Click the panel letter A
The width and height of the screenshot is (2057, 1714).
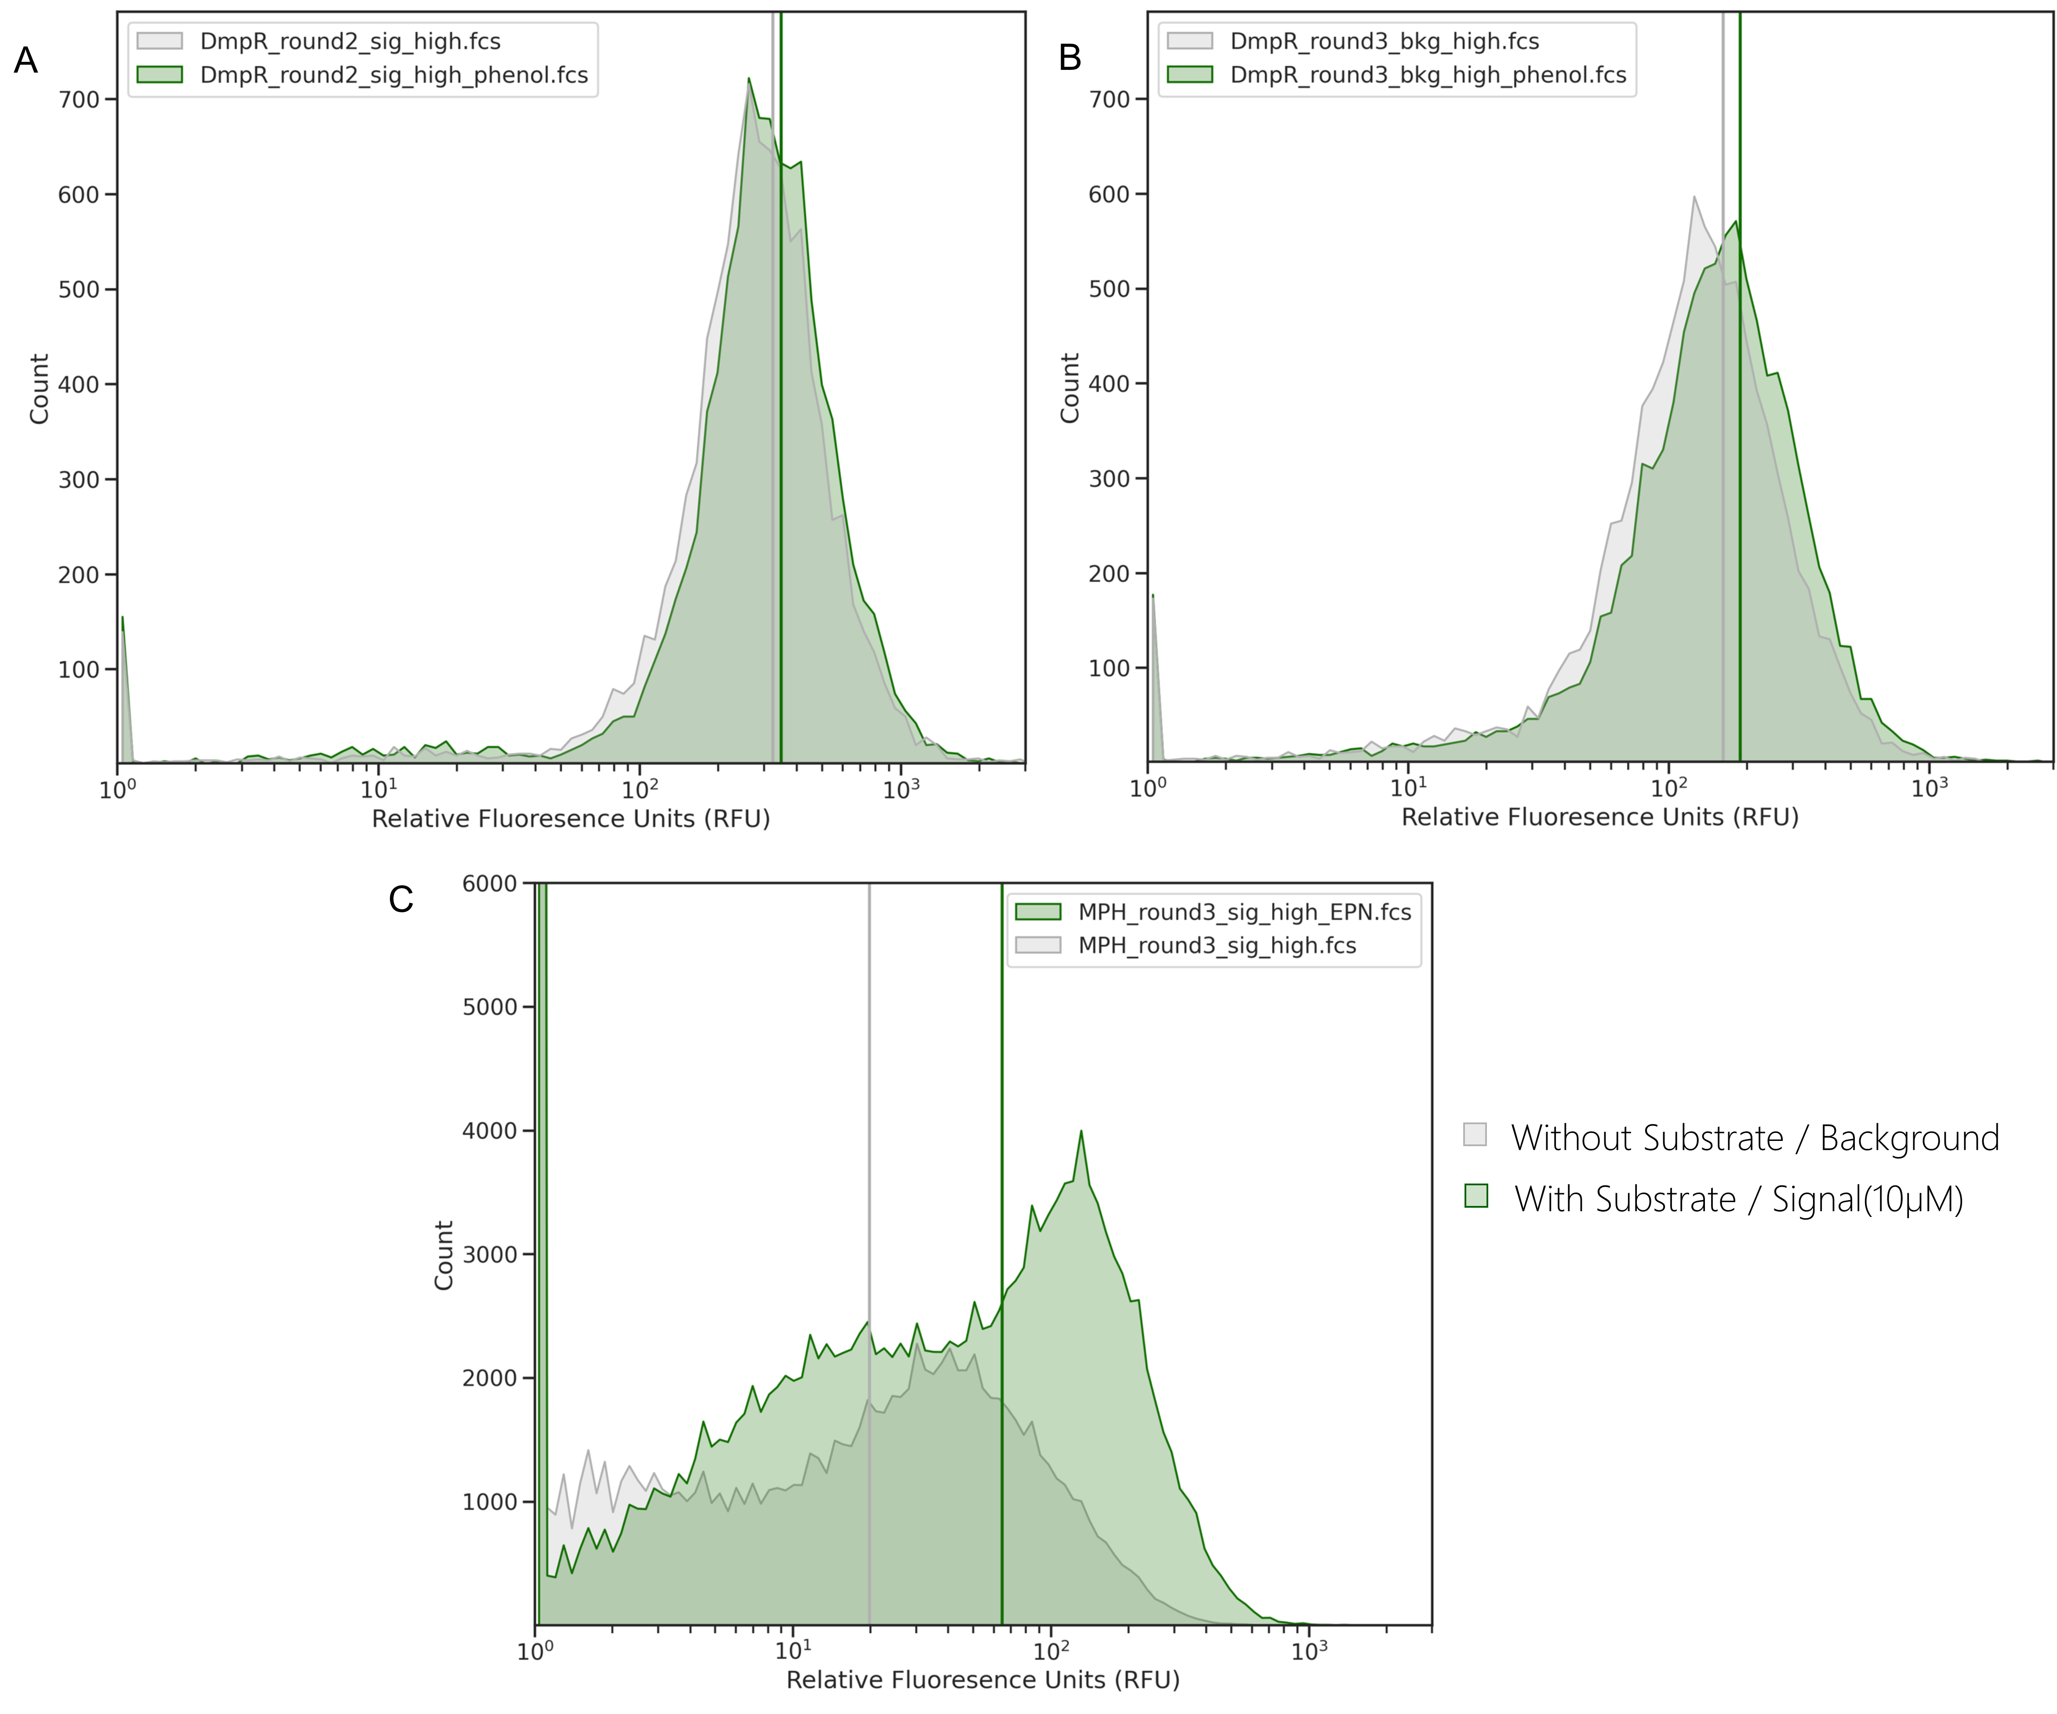25,61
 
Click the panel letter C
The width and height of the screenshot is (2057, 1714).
400,899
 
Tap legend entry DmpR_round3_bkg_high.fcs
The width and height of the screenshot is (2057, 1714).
1384,41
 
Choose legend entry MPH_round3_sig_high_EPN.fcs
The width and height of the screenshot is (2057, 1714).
1244,912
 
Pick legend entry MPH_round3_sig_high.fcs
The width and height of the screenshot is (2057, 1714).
1217,945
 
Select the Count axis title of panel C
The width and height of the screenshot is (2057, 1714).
444,1255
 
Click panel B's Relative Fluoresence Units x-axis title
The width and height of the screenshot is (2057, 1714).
1599,817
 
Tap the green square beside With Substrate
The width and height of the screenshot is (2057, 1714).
1475,1196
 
